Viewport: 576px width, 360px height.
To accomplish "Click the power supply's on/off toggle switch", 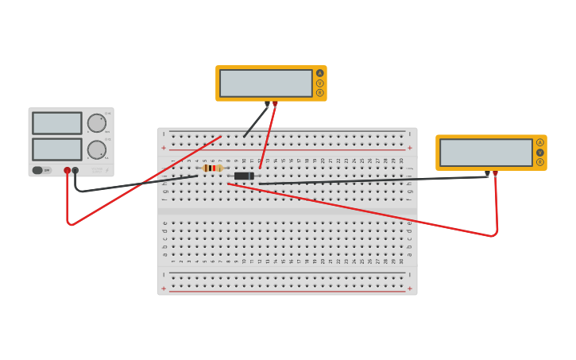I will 38,170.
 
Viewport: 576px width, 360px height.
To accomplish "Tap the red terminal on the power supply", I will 68,170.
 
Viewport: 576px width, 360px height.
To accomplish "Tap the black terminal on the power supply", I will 75,170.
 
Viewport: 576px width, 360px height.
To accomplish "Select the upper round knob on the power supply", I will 96,123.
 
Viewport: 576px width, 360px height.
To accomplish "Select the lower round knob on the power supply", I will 96,149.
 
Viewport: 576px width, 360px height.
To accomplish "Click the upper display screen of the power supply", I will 57,123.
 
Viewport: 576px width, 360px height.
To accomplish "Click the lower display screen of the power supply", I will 57,149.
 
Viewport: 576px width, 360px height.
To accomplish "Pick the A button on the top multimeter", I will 320,73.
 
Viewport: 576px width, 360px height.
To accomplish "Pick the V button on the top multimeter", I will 320,83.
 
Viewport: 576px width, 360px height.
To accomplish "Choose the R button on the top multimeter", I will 320,92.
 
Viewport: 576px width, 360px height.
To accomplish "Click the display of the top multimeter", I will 266,83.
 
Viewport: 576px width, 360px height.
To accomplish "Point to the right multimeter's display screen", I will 486,153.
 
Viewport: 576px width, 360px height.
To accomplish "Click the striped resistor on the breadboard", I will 212,168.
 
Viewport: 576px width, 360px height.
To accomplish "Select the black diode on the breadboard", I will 244,176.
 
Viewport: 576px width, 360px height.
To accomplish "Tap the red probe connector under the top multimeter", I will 276,103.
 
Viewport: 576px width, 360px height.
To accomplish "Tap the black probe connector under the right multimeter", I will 487,172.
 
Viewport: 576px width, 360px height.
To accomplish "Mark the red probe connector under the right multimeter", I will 495,172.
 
